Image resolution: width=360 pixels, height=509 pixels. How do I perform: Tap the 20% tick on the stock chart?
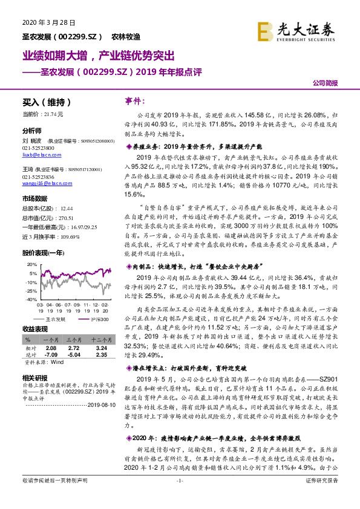31,265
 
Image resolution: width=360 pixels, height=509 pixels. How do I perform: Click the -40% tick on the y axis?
30,299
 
